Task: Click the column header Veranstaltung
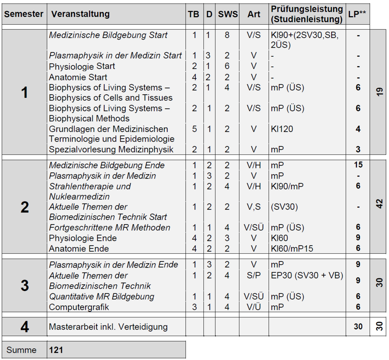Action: click(x=80, y=14)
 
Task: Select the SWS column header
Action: click(x=228, y=14)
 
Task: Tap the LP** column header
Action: click(x=357, y=14)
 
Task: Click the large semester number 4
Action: click(x=25, y=327)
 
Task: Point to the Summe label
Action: click(x=21, y=350)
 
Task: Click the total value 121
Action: click(x=56, y=350)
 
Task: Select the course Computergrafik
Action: click(x=79, y=307)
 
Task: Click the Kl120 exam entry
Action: click(x=282, y=129)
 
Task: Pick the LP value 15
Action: click(x=358, y=165)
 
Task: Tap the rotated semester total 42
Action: click(x=380, y=204)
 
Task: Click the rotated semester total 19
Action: click(x=380, y=92)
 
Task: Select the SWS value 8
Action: click(x=227, y=35)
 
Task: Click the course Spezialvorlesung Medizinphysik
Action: click(x=111, y=149)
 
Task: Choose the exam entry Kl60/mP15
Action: click(x=292, y=249)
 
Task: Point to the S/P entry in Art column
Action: click(x=253, y=275)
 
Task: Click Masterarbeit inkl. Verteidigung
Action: click(x=108, y=327)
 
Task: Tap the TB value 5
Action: click(x=194, y=129)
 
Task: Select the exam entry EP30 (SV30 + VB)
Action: click(x=307, y=275)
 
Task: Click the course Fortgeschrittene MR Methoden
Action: click(x=110, y=227)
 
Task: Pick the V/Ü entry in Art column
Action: click(x=253, y=307)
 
